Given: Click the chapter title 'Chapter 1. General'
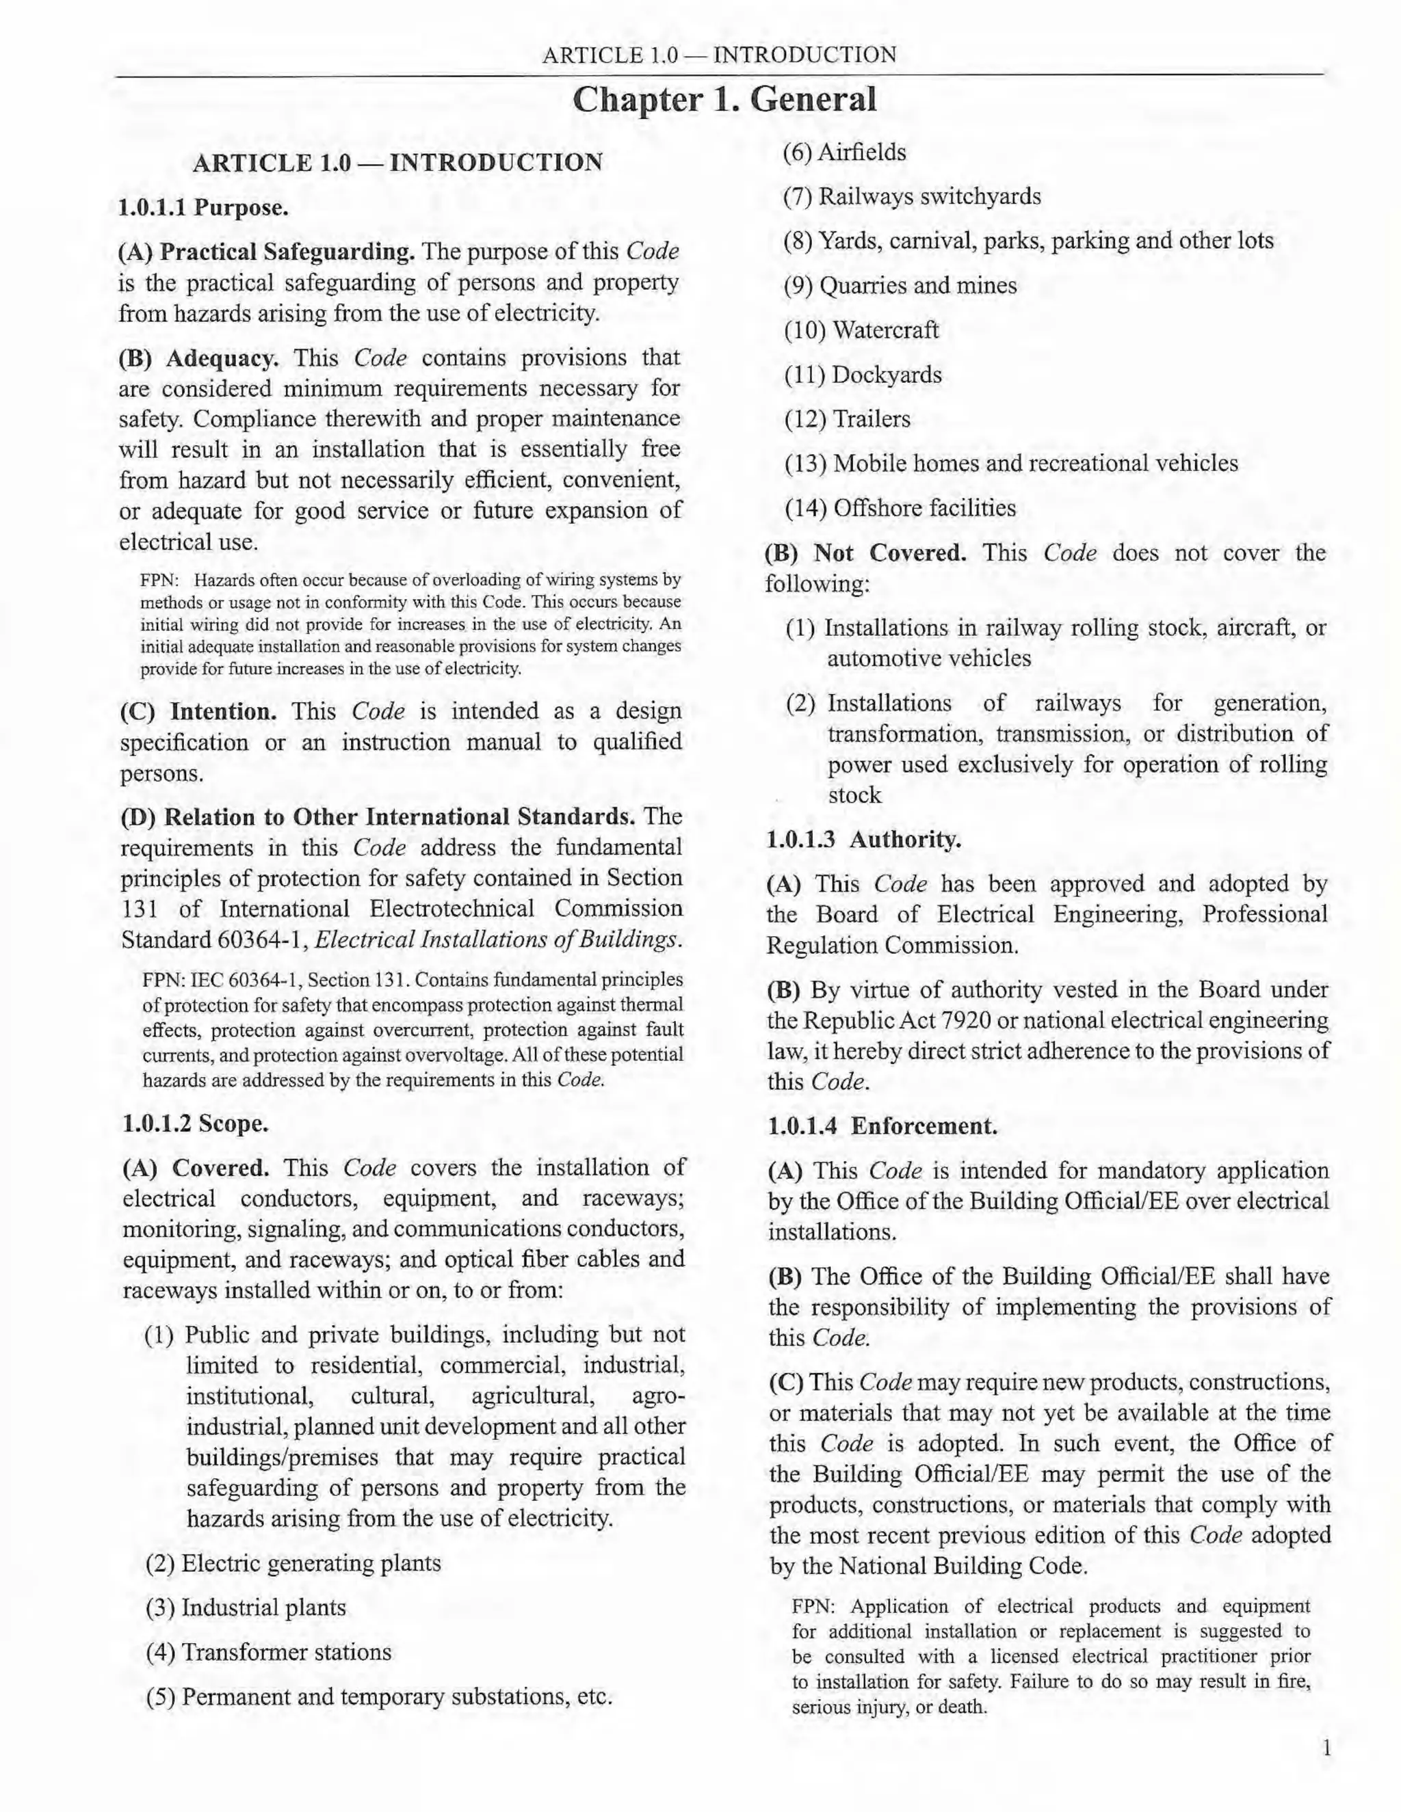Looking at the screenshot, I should click(724, 100).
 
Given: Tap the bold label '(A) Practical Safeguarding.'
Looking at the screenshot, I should click(266, 252).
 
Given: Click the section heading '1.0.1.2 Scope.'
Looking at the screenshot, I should click(195, 1123).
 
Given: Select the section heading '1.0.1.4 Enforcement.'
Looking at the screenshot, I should click(882, 1126).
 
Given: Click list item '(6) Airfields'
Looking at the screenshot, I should click(845, 152).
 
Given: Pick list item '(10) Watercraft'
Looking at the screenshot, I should click(861, 330).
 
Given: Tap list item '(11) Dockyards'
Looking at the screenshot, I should click(863, 375).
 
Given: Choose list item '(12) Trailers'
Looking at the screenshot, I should click(847, 419).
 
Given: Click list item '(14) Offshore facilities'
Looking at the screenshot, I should click(900, 508).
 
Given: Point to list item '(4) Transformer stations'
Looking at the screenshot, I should click(268, 1652).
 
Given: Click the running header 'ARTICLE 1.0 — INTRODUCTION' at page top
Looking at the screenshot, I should click(719, 55).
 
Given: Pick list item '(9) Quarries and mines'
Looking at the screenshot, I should click(900, 287).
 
